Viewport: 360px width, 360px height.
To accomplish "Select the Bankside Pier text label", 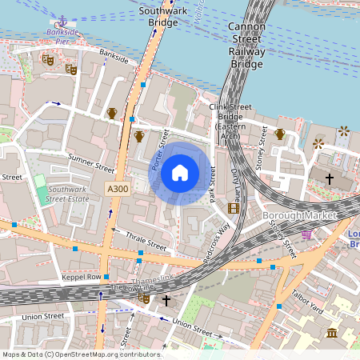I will pyautogui.click(x=62, y=36).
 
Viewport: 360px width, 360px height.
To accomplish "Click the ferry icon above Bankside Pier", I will pyautogui.click(x=62, y=20).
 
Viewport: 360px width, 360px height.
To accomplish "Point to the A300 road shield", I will pyautogui.click(x=117, y=188).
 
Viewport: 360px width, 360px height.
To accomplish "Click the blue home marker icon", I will pyautogui.click(x=180, y=173).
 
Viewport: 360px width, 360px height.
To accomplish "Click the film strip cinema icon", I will pyautogui.click(x=234, y=208).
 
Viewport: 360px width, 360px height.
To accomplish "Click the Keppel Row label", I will pyautogui.click(x=82, y=277).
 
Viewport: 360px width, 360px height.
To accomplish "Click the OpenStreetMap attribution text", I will pyautogui.click(x=82, y=354).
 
